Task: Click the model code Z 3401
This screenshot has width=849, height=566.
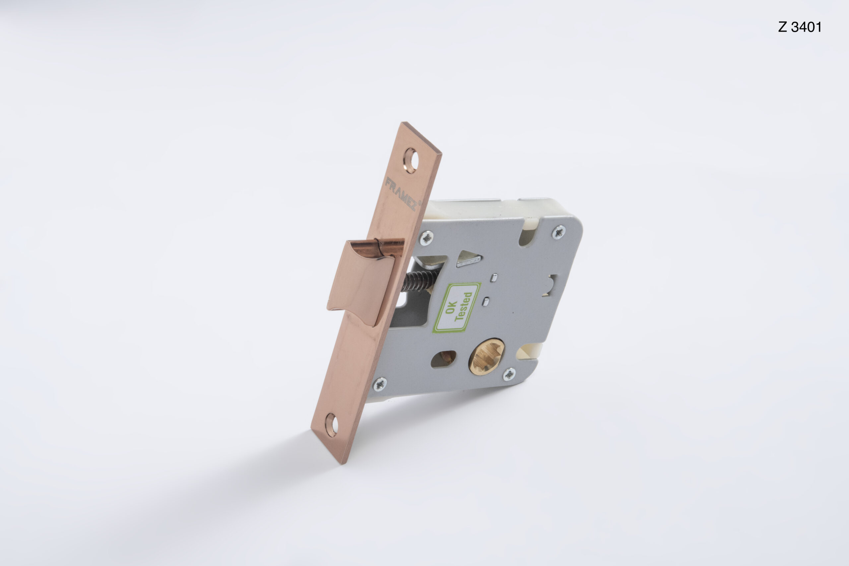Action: [x=800, y=27]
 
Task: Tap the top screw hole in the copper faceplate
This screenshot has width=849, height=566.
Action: [x=411, y=160]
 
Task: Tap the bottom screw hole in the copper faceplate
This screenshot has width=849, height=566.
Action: [x=331, y=425]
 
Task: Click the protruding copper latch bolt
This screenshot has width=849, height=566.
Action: [x=364, y=282]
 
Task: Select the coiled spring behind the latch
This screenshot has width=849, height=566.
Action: [x=419, y=280]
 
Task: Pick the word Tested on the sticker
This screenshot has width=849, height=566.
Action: [x=463, y=306]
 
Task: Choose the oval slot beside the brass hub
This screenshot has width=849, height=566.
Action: [x=444, y=359]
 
